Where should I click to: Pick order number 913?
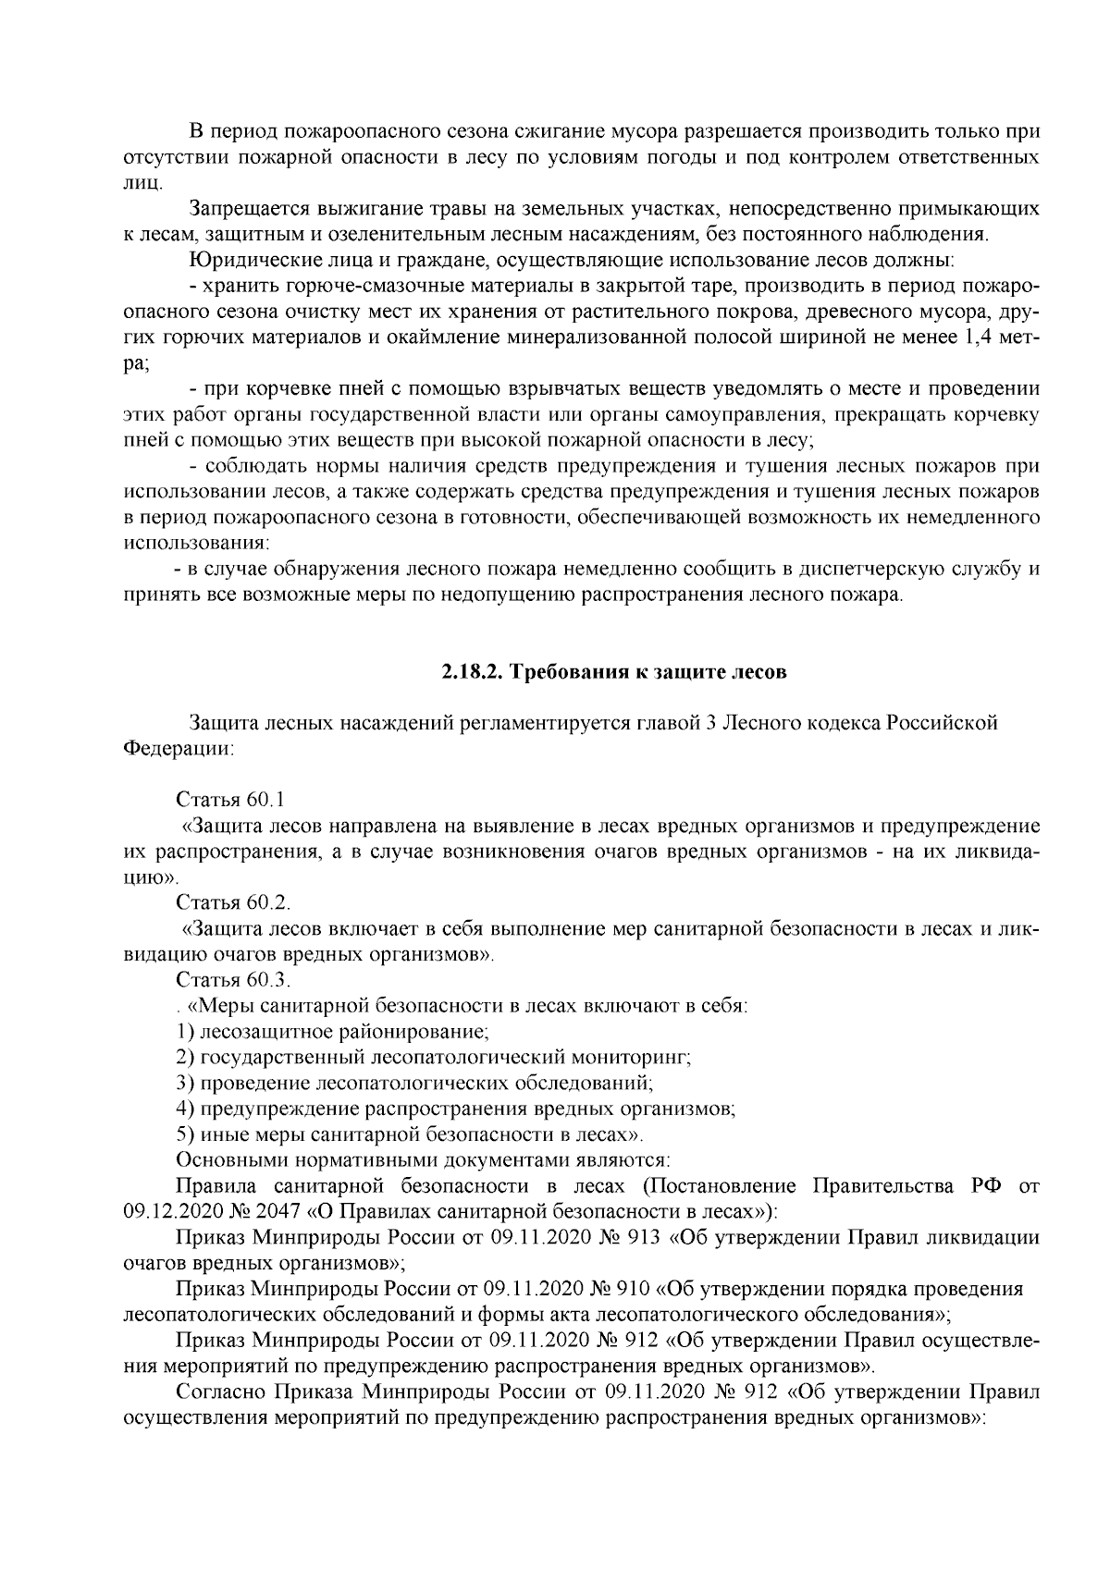coord(644,1238)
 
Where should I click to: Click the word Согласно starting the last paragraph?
coord(213,1392)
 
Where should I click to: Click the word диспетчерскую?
coord(863,569)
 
